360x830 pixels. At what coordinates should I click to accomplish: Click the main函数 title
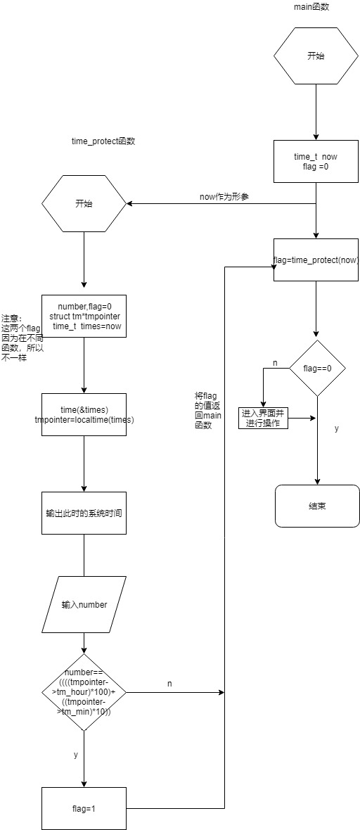(x=312, y=7)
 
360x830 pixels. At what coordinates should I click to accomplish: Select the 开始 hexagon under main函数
(x=316, y=56)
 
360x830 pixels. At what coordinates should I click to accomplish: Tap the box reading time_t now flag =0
(x=316, y=162)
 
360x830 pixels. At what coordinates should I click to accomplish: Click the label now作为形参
(x=224, y=197)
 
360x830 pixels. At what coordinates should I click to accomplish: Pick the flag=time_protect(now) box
(x=316, y=260)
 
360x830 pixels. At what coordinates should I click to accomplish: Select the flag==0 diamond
(x=317, y=369)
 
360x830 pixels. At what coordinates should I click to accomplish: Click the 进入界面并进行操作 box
(x=263, y=419)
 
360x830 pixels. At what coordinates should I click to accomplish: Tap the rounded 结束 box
(x=317, y=506)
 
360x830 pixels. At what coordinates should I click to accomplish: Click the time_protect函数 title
(x=103, y=141)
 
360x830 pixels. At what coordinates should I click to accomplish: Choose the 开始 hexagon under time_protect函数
(x=84, y=203)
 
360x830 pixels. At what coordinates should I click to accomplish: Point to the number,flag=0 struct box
(x=84, y=316)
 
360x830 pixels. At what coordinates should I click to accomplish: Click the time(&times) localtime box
(x=84, y=414)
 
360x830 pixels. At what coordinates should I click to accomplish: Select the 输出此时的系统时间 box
(x=84, y=513)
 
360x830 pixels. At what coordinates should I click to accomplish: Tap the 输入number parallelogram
(x=84, y=604)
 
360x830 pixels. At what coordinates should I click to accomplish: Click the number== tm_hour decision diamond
(x=84, y=692)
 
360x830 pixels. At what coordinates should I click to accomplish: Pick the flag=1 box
(x=84, y=809)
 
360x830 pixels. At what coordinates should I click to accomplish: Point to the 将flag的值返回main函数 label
(x=208, y=410)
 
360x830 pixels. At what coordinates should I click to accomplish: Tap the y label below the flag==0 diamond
(x=337, y=428)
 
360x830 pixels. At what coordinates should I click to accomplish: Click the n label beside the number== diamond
(x=169, y=684)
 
